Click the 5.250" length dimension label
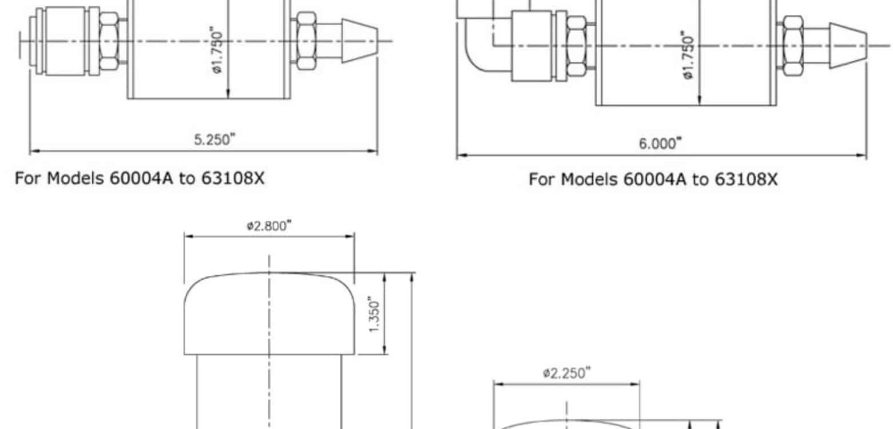click(215, 140)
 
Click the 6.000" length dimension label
click(660, 144)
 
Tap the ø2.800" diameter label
click(269, 226)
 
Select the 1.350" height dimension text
click(374, 314)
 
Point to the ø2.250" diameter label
click(566, 373)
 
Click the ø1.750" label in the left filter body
click(217, 50)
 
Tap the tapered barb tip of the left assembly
click(360, 41)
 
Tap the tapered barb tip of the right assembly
click(848, 45)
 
